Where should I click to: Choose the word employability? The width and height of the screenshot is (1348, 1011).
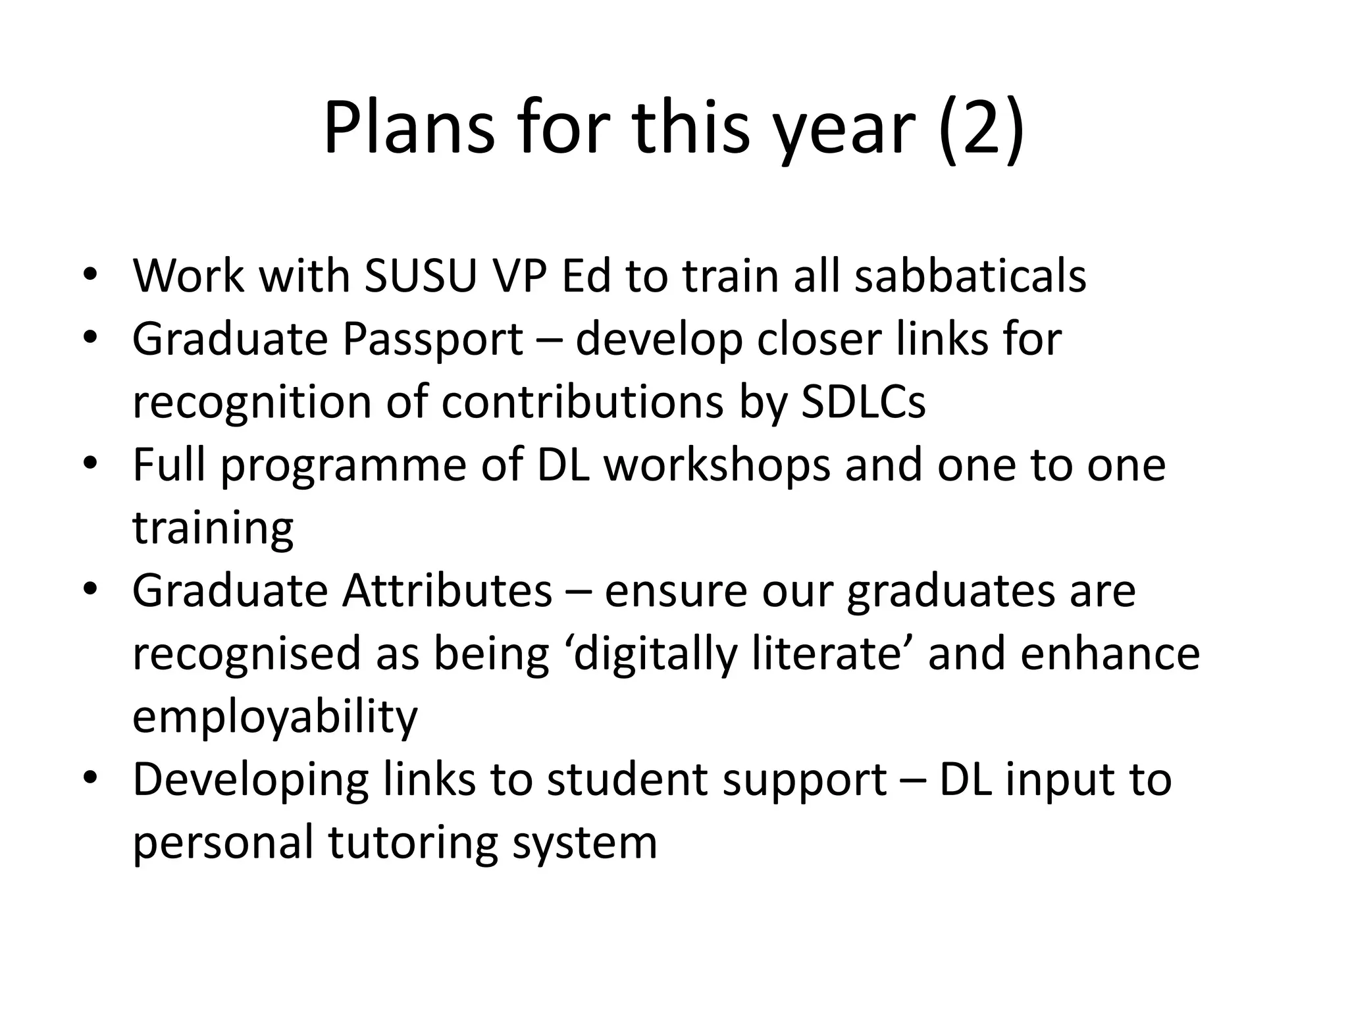[275, 717]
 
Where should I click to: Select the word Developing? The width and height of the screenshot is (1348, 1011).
[250, 781]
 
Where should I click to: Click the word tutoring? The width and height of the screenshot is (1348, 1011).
[413, 844]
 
